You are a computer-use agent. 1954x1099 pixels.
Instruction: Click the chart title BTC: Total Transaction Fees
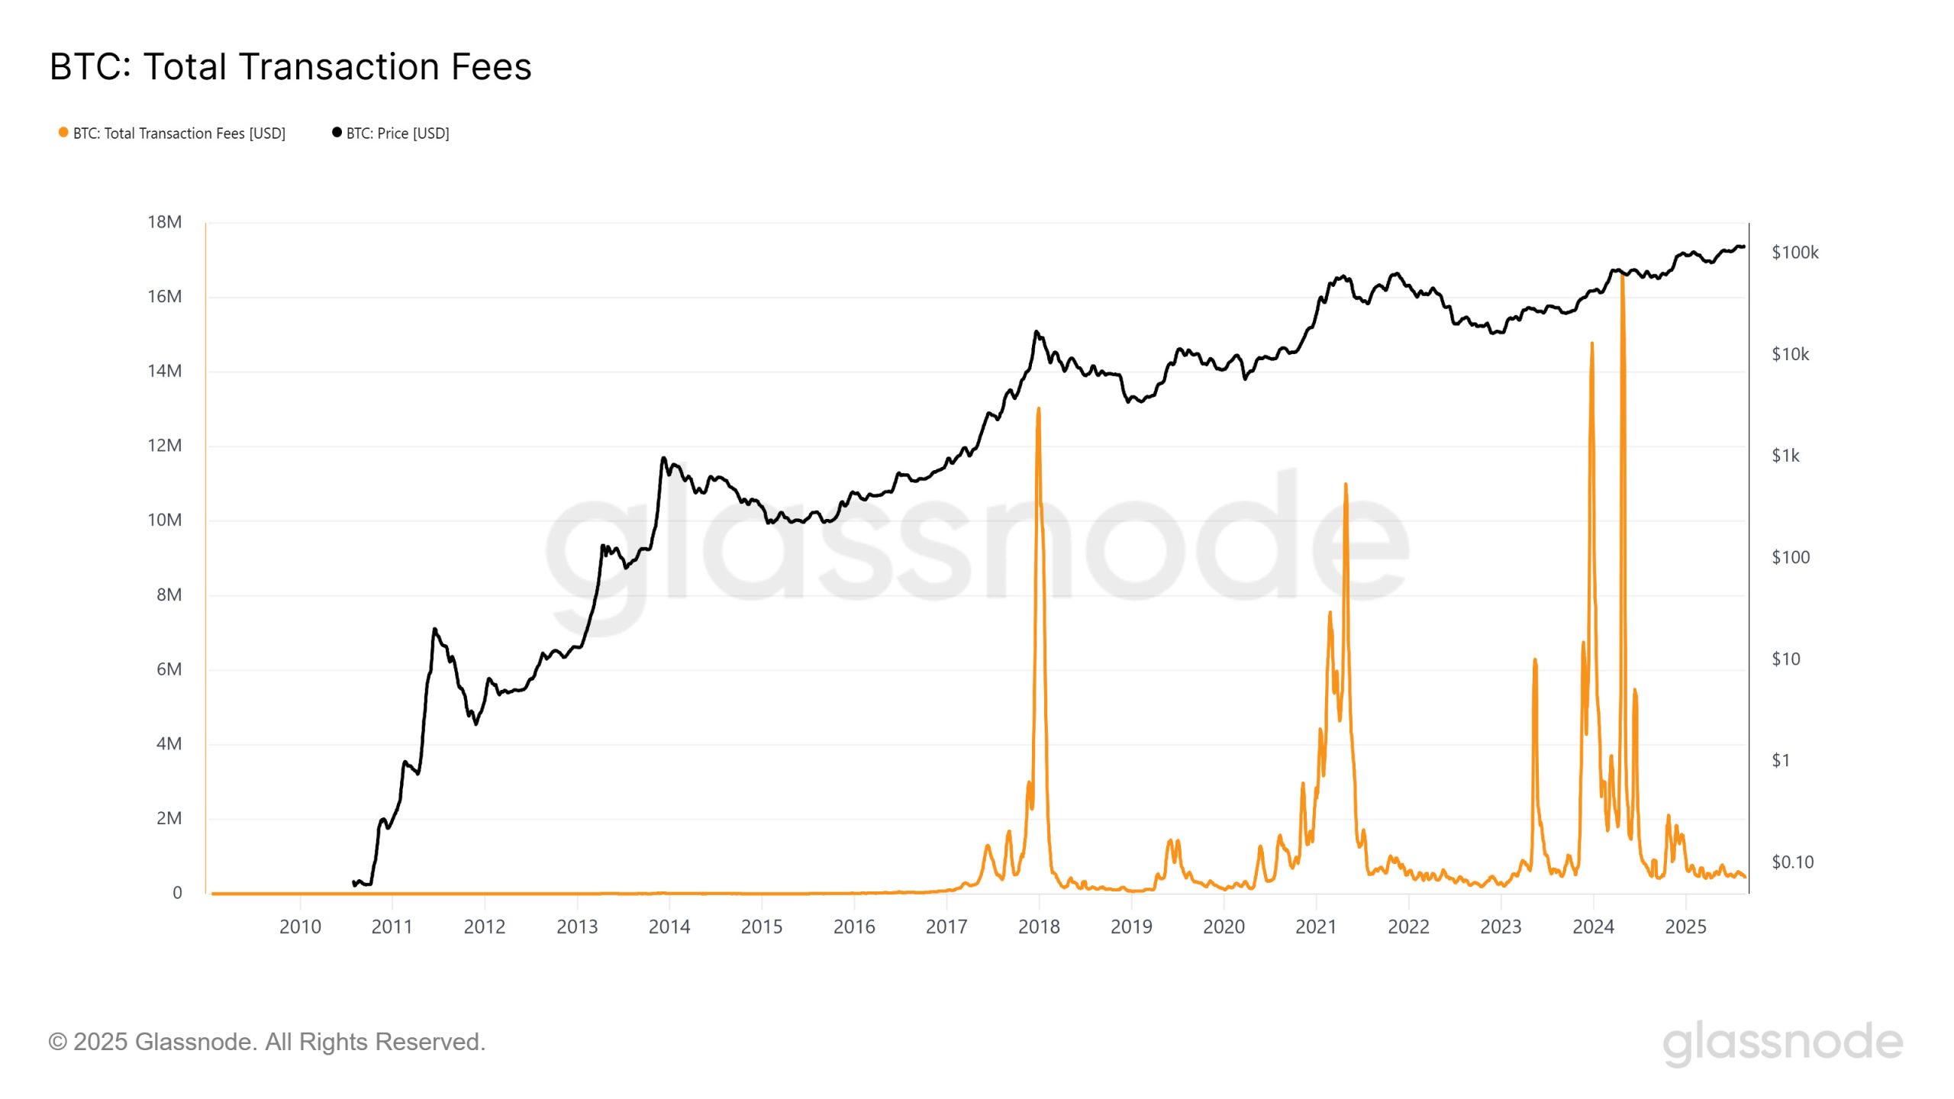coord(290,66)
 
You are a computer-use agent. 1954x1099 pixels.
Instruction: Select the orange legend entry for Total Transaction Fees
coord(179,134)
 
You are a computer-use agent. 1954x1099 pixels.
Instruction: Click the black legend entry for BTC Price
coord(397,134)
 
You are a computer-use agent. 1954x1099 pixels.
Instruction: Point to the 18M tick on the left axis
coord(164,222)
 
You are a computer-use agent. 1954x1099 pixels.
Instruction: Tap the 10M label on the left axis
coord(164,520)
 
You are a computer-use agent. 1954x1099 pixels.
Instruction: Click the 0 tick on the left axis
coord(177,893)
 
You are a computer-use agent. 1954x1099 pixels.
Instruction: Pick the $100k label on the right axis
coord(1794,253)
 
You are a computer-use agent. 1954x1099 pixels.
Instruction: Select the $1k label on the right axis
coord(1785,456)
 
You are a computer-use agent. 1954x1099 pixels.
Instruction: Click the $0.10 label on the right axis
coord(1792,862)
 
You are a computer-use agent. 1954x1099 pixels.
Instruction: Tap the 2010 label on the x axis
coord(300,927)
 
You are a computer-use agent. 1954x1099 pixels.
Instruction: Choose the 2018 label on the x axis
coord(1039,927)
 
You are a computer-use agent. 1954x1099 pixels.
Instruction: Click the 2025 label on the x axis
coord(1685,927)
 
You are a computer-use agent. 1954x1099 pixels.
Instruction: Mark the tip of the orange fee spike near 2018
coord(1039,409)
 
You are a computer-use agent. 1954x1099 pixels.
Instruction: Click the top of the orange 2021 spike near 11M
coord(1346,484)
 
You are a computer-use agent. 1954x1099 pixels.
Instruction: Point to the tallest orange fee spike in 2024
coord(1622,276)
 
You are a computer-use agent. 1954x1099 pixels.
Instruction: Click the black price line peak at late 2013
coord(663,458)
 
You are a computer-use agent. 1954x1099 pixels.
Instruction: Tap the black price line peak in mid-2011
coord(434,629)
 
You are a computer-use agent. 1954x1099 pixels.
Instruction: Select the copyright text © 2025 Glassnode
coord(266,1042)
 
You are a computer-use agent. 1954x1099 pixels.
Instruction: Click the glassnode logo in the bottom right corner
coord(1782,1043)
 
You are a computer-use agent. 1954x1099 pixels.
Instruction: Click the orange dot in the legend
coord(63,133)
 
